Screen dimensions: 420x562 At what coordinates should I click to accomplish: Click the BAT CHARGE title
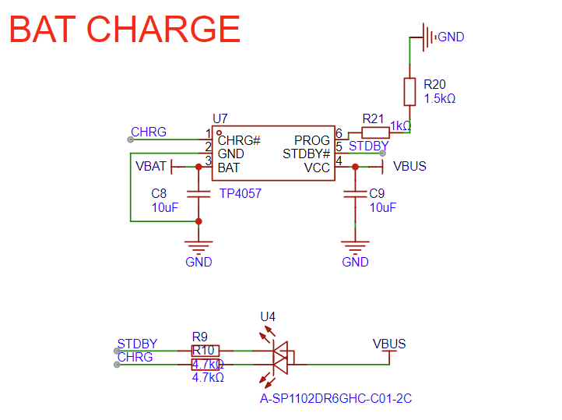(125, 29)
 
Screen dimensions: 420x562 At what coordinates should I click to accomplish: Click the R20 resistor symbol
(410, 91)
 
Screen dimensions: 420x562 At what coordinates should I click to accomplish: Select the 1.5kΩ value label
(440, 99)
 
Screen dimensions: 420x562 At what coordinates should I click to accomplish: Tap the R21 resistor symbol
(376, 133)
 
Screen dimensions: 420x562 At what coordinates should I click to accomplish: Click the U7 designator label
(220, 118)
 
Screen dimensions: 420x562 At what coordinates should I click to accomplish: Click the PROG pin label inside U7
(312, 140)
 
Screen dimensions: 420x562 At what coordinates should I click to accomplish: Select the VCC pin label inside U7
(317, 168)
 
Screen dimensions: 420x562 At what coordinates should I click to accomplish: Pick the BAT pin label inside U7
(229, 168)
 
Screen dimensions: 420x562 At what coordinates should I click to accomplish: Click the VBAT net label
(151, 166)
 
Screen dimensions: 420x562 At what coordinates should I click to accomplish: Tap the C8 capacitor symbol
(199, 193)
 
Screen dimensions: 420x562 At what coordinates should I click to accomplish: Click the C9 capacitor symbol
(356, 193)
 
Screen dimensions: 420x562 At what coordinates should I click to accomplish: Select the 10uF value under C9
(383, 207)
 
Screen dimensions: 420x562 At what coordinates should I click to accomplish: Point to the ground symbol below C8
(199, 249)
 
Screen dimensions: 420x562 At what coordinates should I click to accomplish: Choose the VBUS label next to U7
(409, 166)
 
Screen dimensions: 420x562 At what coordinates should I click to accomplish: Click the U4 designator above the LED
(268, 316)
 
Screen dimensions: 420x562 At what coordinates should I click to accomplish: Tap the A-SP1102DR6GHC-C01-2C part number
(335, 398)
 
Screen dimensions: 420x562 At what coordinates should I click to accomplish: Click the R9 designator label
(200, 337)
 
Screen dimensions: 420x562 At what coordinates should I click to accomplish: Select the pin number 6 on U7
(339, 133)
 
